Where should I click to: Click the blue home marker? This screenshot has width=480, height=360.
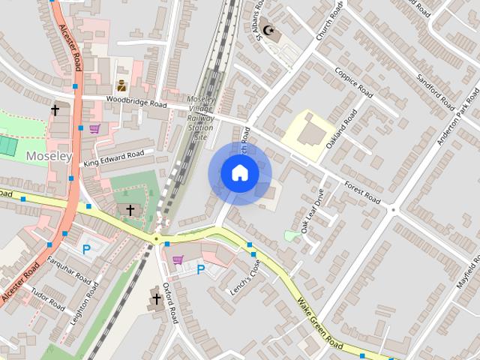click(239, 173)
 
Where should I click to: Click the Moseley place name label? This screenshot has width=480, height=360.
click(49, 156)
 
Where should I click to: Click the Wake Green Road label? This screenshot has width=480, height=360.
click(319, 323)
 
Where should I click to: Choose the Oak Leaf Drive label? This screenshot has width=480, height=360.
click(312, 216)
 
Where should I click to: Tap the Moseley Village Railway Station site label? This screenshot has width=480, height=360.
click(199, 118)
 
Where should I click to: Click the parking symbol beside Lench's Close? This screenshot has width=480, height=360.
click(201, 268)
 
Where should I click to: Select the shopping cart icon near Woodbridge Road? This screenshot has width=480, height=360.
click(94, 129)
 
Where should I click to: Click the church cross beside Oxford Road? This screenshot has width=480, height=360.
click(156, 299)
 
